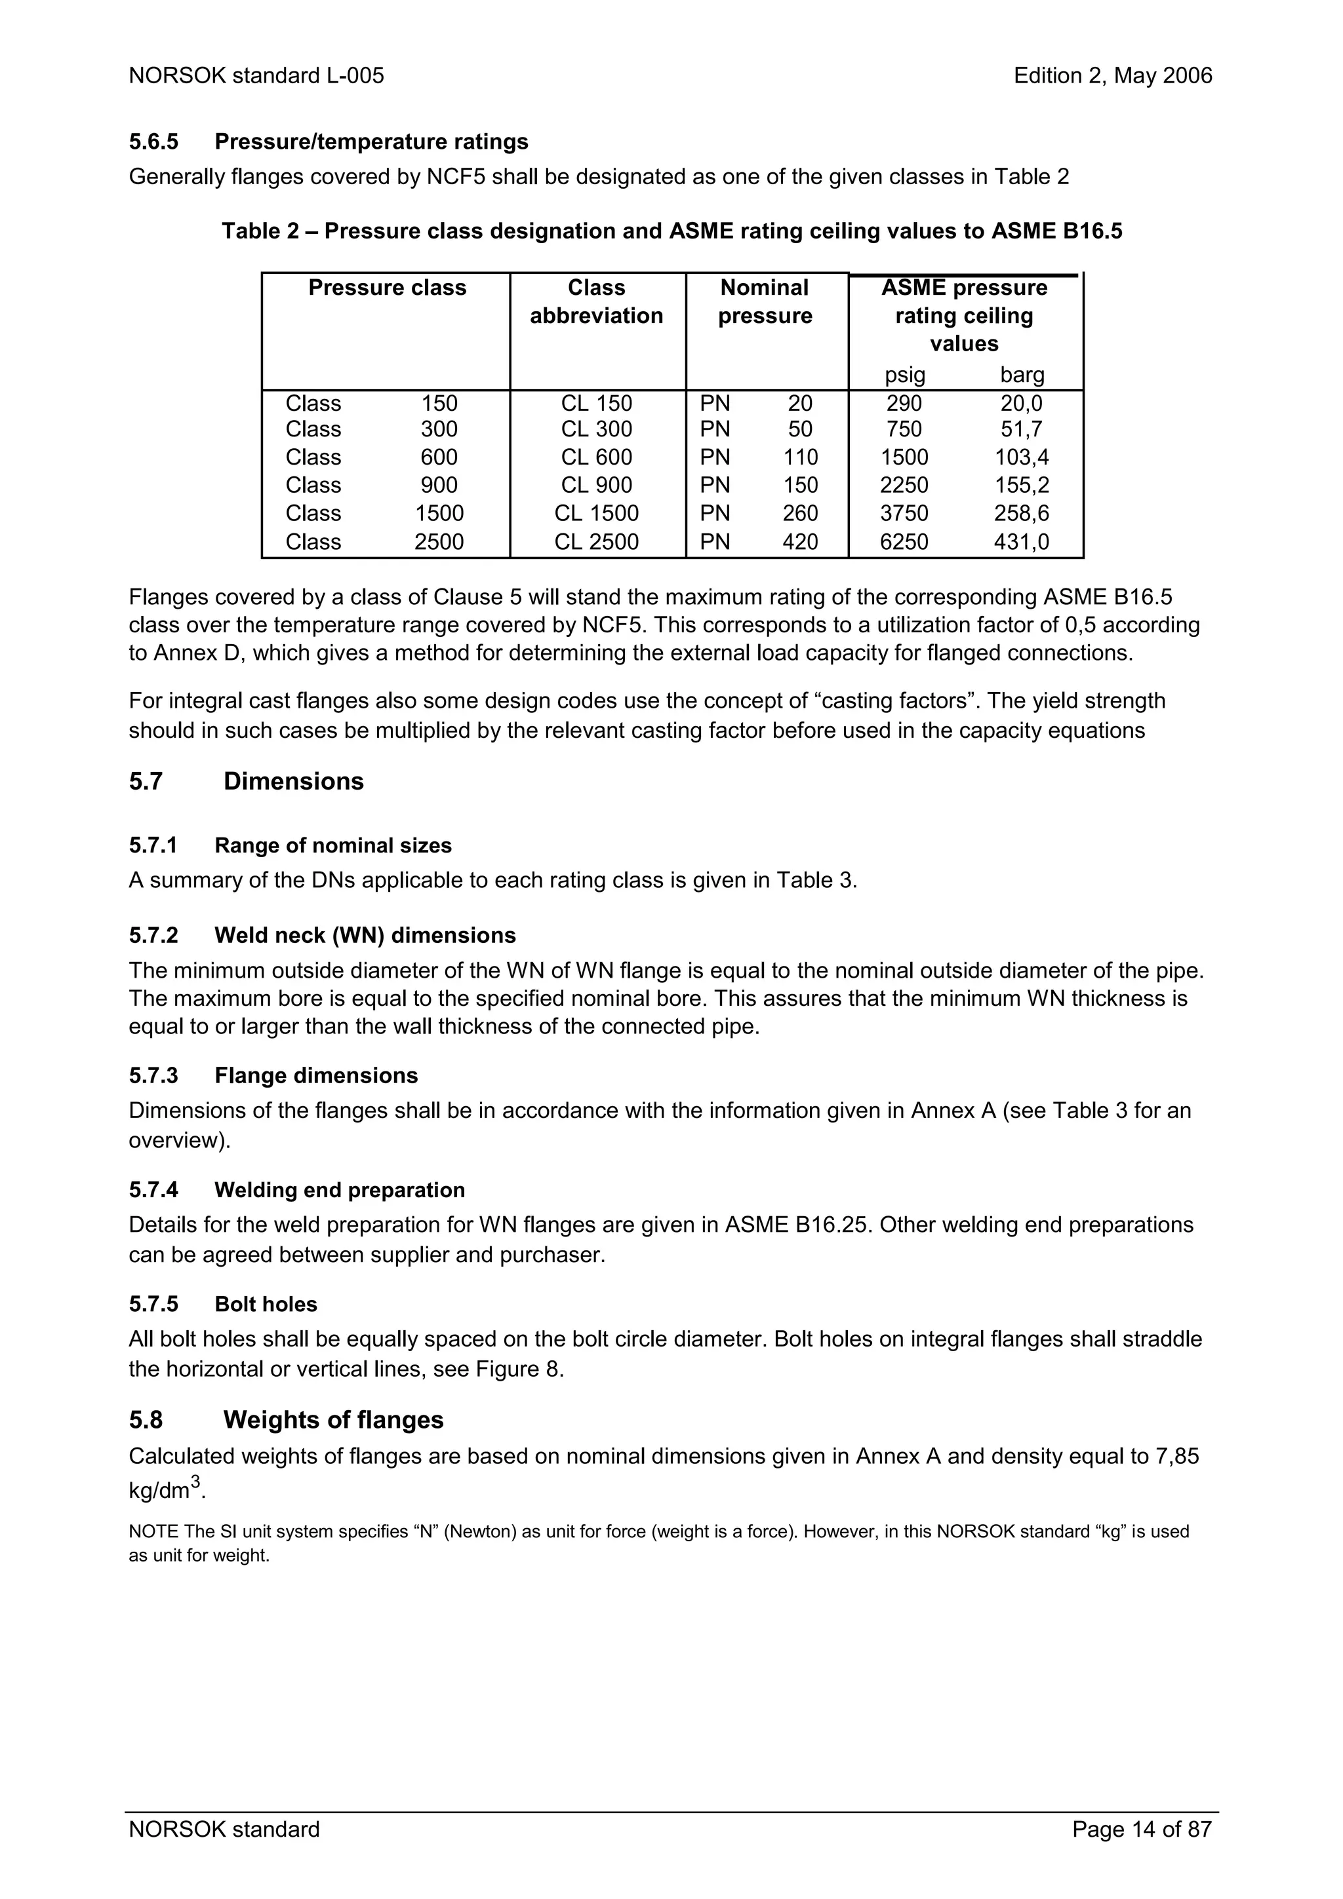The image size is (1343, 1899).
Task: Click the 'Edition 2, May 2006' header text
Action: (1112, 76)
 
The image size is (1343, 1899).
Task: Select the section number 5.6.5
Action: (154, 142)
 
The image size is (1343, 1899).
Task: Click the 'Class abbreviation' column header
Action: (596, 302)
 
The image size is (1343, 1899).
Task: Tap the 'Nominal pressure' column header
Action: (765, 302)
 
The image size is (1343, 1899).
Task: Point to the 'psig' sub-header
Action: (904, 375)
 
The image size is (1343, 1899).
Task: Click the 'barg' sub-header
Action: (1022, 375)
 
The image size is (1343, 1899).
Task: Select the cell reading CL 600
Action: (596, 457)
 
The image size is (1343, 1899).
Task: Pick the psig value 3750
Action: (904, 514)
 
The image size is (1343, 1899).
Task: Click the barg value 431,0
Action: (1021, 542)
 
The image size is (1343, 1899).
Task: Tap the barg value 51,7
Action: (1021, 429)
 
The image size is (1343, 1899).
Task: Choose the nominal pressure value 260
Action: (800, 514)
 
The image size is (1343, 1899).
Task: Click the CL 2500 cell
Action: (596, 542)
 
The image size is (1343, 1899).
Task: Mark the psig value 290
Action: (904, 404)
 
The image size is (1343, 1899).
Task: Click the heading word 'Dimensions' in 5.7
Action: (293, 782)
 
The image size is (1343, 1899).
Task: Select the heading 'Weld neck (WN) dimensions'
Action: (365, 936)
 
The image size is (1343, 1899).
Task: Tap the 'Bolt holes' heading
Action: (266, 1304)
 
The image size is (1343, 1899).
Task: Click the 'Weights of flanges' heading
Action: (334, 1420)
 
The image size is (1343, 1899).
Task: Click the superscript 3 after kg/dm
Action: (196, 1482)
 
